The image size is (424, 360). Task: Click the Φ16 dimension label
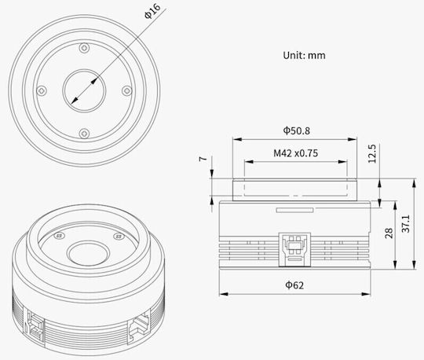click(x=152, y=11)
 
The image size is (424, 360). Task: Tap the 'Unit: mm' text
click(x=304, y=56)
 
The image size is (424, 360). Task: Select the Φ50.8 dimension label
click(x=296, y=130)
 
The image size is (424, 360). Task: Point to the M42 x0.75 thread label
click(x=295, y=153)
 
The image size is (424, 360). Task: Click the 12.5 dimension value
click(x=372, y=153)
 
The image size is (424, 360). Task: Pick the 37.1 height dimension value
click(x=406, y=223)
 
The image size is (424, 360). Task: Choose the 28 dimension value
click(x=389, y=233)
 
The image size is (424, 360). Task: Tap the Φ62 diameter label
click(x=294, y=285)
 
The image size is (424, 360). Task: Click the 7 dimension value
click(x=203, y=159)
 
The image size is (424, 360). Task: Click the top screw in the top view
click(x=84, y=48)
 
